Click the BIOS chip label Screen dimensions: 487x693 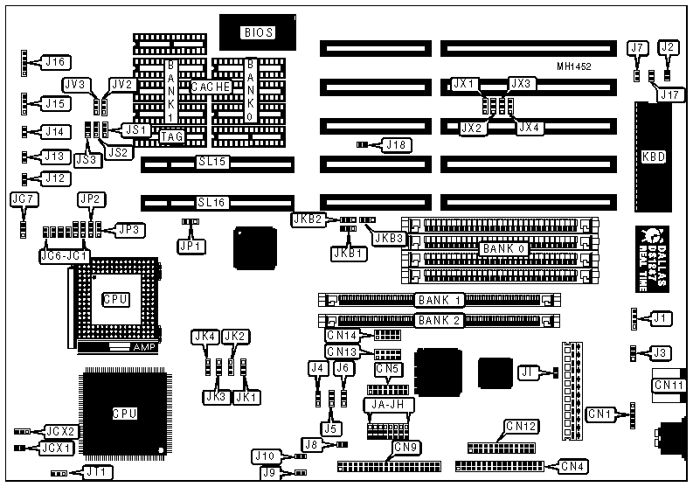[258, 32]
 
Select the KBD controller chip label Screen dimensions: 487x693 [653, 157]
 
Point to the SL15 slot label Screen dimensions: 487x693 [211, 163]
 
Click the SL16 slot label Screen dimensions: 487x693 [211, 202]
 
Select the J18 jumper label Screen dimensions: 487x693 [396, 144]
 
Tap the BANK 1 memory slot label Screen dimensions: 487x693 [440, 300]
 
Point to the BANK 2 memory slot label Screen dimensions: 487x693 [440, 320]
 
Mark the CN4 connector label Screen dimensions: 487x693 [572, 465]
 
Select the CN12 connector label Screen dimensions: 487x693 [525, 427]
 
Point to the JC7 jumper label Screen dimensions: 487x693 [24, 199]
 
